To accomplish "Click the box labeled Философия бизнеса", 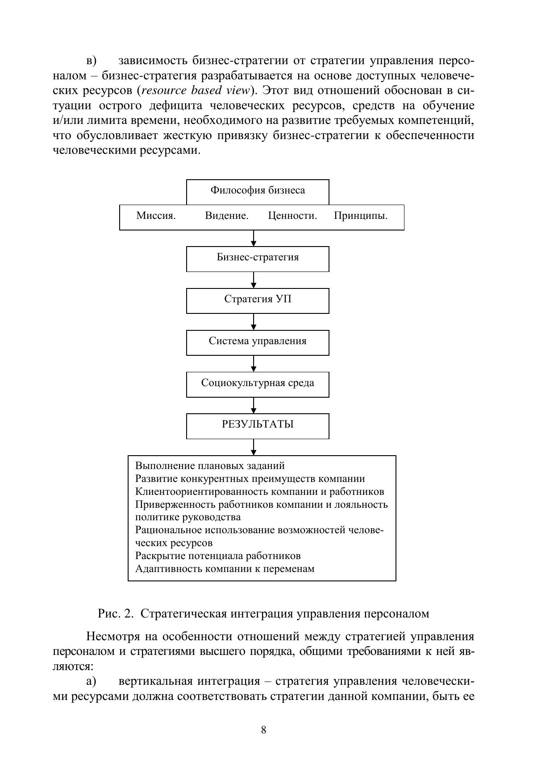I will pos(258,191).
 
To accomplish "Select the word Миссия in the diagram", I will pos(155,216).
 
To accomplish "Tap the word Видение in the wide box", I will pos(226,216).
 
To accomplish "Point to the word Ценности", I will pos(292,216).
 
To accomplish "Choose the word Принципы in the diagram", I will pos(360,216).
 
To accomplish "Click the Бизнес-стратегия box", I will pos(258,258).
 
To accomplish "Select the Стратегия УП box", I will pos(258,300).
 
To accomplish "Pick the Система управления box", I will pos(258,342).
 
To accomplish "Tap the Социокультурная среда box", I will pos(258,383).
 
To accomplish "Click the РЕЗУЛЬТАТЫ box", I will pos(258,425).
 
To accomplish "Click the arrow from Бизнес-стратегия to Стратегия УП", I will pos(254,280).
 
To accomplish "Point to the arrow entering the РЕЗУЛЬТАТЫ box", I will pos(254,405).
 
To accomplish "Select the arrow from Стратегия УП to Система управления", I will pos(254,322).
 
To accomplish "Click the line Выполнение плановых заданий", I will pos(210,466).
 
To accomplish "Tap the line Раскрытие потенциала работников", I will pos(218,556).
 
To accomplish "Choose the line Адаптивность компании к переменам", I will pos(225,569).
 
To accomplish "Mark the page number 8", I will pos(263,730).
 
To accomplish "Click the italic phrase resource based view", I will pos(195,91).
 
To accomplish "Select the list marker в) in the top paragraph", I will pos(92,61).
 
